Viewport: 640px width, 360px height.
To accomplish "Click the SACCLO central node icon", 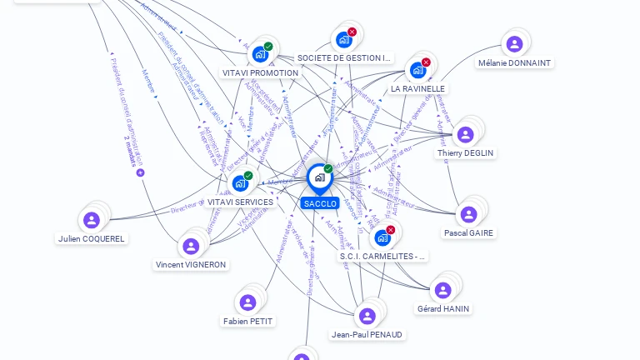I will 319,177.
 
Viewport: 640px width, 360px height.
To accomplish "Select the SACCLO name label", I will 320,203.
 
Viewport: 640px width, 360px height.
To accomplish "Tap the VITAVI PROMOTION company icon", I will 261,54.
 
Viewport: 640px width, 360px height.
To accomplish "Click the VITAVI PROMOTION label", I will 261,73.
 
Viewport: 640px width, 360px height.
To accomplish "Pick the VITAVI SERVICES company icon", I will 241,182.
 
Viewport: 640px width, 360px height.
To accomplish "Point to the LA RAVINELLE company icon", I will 418,70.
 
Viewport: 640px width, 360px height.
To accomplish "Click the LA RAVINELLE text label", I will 418,88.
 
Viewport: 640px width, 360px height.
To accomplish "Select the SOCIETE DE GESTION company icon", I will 343,39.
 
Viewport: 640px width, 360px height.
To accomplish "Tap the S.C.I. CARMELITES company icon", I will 382,237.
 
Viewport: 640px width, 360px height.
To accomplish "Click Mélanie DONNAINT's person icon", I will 514,44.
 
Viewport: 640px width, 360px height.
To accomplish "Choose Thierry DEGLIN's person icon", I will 466,134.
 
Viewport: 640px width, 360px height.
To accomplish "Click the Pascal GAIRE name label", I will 468,233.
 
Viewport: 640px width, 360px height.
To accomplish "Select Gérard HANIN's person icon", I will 442,290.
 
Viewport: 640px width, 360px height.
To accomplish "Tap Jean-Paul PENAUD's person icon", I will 367,316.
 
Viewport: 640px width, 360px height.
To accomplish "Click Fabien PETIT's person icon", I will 247,302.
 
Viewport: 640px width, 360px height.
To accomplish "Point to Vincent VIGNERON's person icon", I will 191,246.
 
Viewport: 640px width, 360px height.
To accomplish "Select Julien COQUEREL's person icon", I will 92,220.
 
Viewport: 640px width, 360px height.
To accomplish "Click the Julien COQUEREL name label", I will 92,238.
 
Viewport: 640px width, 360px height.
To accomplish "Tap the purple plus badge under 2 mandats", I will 140,172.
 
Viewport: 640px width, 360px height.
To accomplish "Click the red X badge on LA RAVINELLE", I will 426,62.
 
